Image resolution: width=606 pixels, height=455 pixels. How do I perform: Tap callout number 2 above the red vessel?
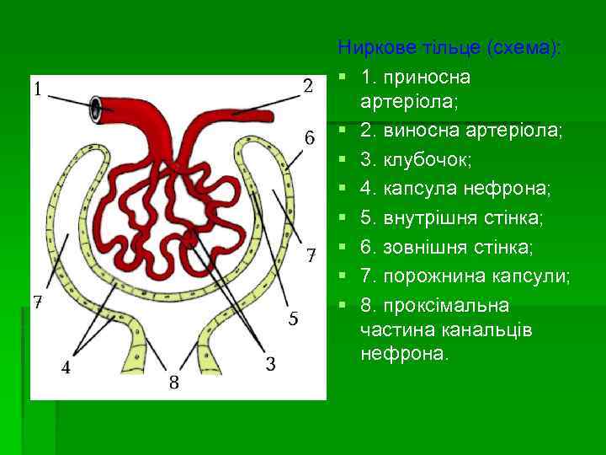coord(308,86)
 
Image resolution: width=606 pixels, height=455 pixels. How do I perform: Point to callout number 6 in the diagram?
coord(310,136)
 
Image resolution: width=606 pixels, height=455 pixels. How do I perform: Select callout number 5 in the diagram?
coord(294,318)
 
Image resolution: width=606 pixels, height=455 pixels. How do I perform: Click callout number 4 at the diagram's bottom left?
coord(66,368)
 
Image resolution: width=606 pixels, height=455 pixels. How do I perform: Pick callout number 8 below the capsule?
coord(173,383)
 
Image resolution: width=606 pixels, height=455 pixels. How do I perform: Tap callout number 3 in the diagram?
coord(271,364)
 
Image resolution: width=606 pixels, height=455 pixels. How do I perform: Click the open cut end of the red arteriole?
coord(98,107)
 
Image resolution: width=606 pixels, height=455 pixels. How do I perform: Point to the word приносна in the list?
coord(427,77)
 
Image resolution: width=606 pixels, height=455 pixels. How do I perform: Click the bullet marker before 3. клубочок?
coord(343,160)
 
